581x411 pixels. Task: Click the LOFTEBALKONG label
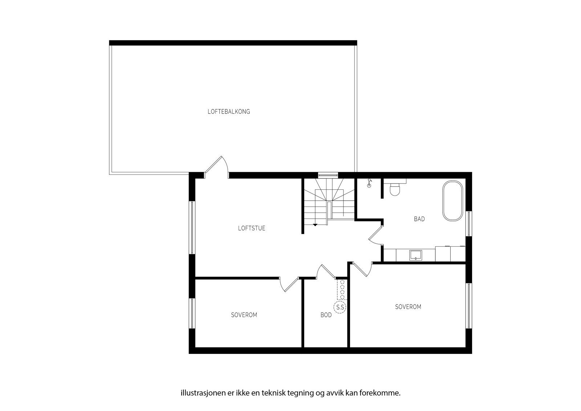[229, 112]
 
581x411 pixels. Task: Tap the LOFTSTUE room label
[252, 229]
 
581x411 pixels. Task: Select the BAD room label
[419, 219]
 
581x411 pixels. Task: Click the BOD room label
[326, 315]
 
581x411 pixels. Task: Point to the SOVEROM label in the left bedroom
[244, 315]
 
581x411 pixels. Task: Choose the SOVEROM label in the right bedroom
[408, 307]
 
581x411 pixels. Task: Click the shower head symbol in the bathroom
[370, 183]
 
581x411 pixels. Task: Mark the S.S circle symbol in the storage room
[340, 308]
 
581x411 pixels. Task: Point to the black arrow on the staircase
[315, 225]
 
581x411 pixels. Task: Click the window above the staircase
[328, 175]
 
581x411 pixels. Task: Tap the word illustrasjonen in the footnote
[198, 393]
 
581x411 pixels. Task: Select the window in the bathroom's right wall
[469, 223]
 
